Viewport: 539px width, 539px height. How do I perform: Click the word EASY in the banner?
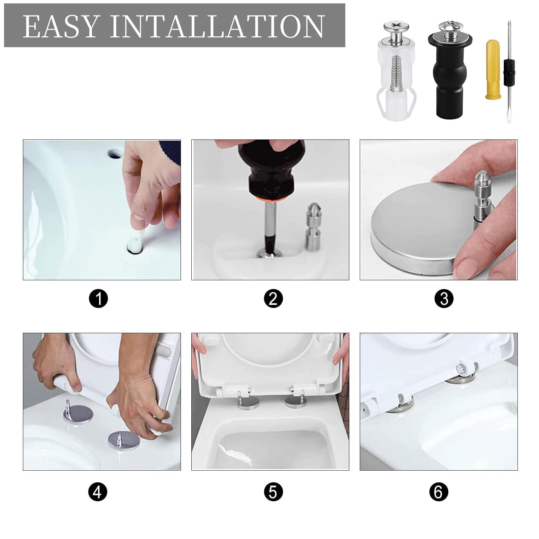click(61, 26)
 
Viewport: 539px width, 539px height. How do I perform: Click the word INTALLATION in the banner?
click(217, 26)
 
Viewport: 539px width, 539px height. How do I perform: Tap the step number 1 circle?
click(98, 298)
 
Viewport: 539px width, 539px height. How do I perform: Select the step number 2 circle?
click(273, 298)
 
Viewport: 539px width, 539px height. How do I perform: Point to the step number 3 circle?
click(444, 298)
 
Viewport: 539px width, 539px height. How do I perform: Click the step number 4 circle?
click(97, 492)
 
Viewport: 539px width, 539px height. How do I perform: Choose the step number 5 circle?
click(273, 492)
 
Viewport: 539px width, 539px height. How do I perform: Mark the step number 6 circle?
click(439, 492)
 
